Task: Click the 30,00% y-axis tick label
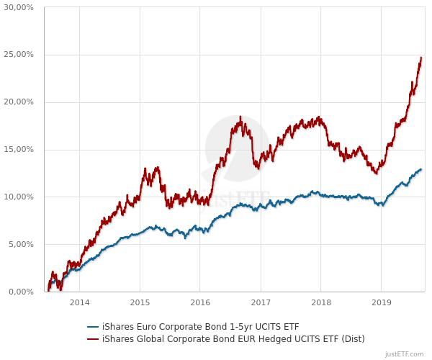pos(18,7)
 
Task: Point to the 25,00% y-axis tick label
pos(18,55)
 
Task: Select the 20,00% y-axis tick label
pos(18,102)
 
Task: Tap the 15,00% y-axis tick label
pos(18,150)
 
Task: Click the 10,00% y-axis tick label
pos(18,197)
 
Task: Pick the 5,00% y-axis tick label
pos(19,244)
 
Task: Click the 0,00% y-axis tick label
pos(19,292)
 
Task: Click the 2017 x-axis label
pos(261,302)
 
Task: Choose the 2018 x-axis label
pos(321,302)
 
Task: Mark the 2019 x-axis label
pos(381,302)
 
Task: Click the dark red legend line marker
pos(93,338)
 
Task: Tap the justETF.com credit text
pos(405,354)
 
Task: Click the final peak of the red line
pos(420,58)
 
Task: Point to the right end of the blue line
pos(421,170)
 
